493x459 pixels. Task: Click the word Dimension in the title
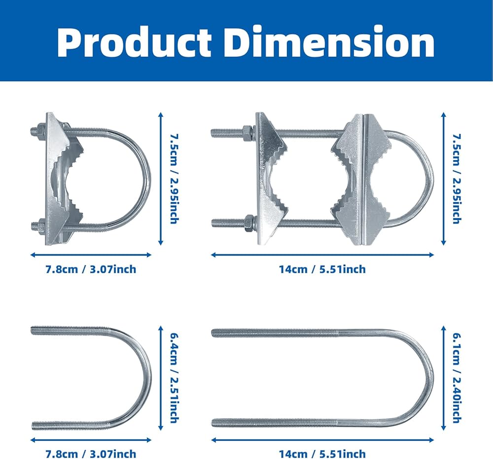click(x=330, y=42)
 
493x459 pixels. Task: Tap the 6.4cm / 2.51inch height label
click(x=174, y=378)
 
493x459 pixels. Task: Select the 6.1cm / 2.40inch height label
click(x=457, y=378)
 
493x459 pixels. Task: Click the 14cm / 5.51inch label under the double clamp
click(x=322, y=269)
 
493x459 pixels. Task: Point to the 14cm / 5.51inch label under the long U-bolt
click(x=322, y=454)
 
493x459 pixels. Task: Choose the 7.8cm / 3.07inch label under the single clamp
click(x=91, y=269)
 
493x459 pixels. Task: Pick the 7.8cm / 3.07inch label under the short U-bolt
click(x=91, y=454)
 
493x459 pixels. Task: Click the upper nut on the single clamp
click(x=41, y=131)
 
